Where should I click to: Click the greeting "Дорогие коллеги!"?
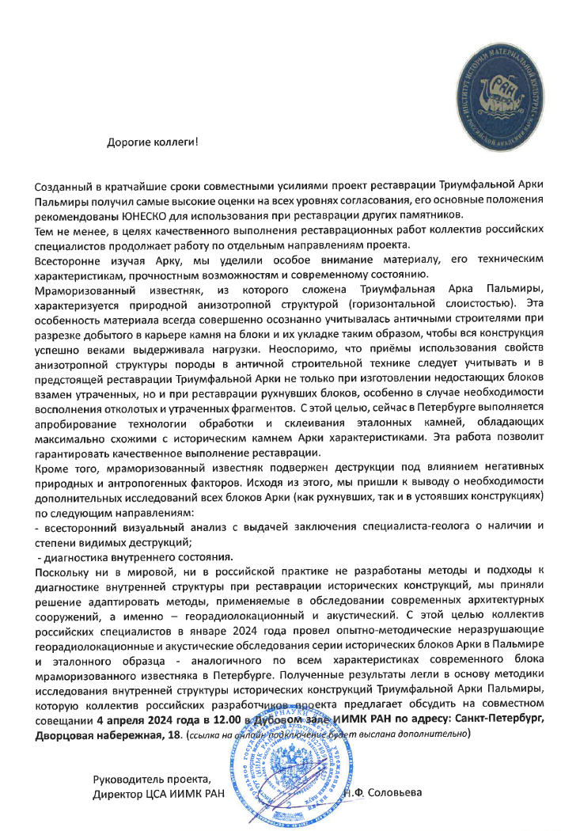[153, 143]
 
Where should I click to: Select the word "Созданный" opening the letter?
[62, 185]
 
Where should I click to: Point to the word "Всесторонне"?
[64, 260]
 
